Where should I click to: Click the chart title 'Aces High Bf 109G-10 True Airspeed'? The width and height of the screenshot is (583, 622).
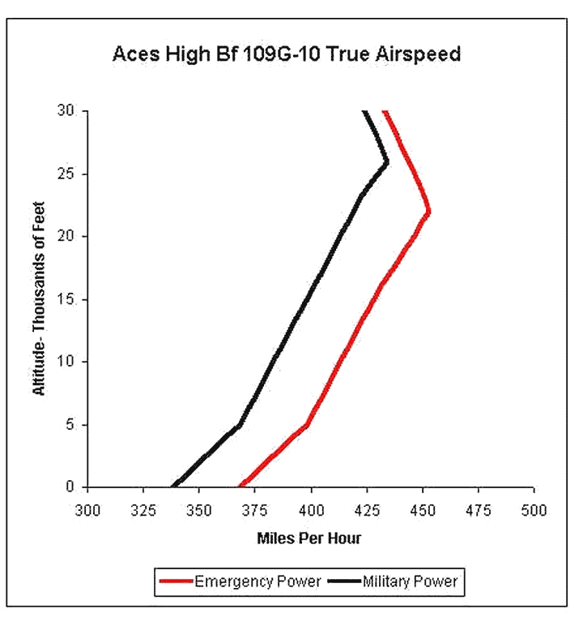coord(287,54)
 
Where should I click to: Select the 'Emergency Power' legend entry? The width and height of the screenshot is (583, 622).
coord(240,581)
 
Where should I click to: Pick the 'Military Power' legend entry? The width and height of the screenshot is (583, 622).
coord(393,581)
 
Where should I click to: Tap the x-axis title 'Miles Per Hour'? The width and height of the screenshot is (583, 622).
coord(309,538)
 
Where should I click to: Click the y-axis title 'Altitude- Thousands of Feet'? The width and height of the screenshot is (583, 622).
coord(39,298)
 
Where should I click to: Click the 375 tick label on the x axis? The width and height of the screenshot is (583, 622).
coord(255,510)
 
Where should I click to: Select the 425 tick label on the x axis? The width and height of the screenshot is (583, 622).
coord(367,510)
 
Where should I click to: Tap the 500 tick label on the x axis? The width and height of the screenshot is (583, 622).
coord(534,510)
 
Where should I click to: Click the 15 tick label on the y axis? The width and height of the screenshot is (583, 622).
coord(66,299)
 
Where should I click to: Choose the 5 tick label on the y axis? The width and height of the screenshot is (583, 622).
coord(70,424)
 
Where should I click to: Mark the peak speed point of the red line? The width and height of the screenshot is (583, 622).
coord(428,212)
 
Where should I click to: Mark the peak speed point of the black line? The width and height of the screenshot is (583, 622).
coord(387,162)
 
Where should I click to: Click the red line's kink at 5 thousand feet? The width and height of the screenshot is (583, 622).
coord(307,425)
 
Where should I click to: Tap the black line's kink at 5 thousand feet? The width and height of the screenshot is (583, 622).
coord(239,425)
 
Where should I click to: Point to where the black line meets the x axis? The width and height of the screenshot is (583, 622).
coord(173,486)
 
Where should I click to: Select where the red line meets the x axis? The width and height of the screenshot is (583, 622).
coord(240,486)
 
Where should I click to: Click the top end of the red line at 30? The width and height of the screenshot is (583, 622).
coord(385,112)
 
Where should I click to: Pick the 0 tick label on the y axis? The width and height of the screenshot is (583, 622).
coord(70,487)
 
